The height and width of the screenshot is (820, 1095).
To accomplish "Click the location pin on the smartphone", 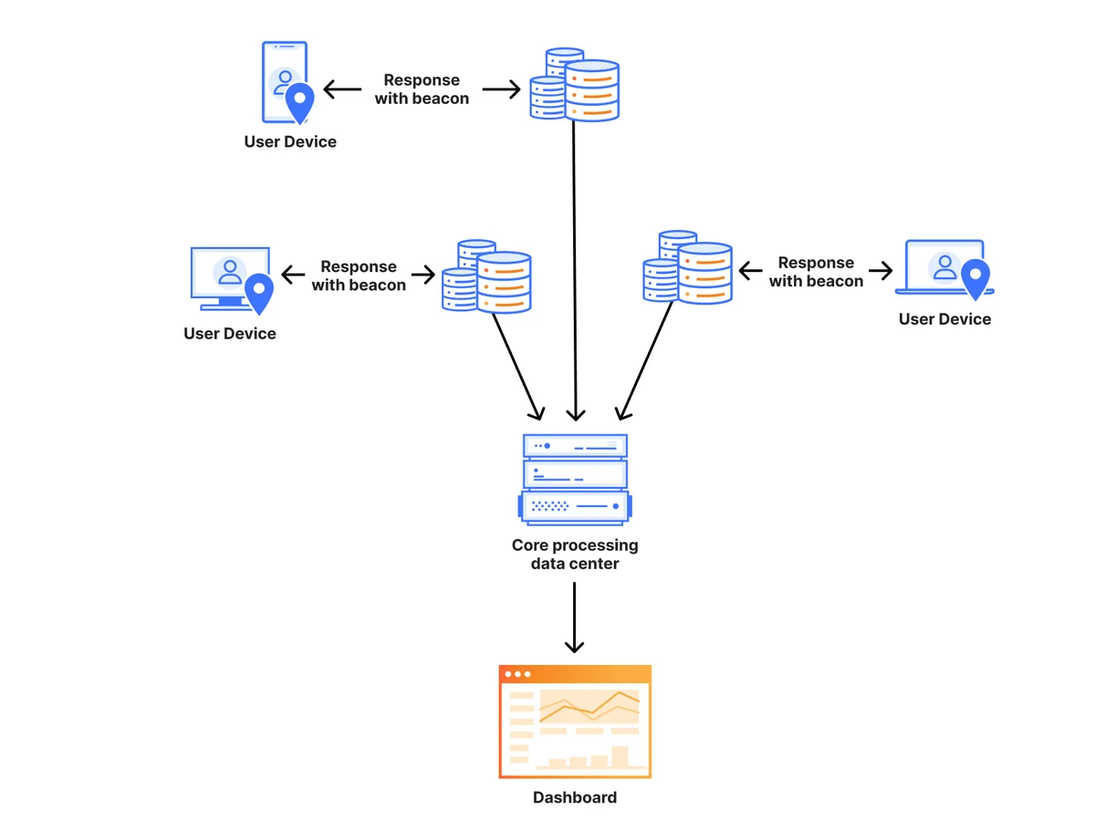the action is [x=299, y=103].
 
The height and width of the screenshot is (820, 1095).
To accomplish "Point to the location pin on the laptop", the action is [x=975, y=279].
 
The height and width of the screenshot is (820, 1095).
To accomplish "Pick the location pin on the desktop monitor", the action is [x=259, y=294].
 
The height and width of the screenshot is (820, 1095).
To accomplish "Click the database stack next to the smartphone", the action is [x=574, y=84].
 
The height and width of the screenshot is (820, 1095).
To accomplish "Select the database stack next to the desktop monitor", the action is [x=486, y=276].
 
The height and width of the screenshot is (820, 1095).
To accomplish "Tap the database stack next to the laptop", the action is [x=687, y=267].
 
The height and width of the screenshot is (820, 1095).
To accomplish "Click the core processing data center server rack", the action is [x=575, y=480].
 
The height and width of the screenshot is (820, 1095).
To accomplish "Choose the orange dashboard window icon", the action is [x=575, y=721].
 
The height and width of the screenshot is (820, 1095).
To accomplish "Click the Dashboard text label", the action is [x=575, y=797].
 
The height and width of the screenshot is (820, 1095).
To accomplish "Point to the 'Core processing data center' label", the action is [x=575, y=555].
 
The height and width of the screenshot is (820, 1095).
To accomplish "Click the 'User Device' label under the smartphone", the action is [x=290, y=141].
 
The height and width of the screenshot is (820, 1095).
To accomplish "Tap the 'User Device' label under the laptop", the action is [x=944, y=319].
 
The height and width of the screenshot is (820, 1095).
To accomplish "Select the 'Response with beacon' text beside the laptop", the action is [x=816, y=272].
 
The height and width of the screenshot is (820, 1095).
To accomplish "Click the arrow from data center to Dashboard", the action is [x=574, y=618].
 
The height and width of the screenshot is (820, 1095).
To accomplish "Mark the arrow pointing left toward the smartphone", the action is [x=342, y=89].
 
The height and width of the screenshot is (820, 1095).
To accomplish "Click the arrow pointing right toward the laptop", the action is [x=881, y=271].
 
